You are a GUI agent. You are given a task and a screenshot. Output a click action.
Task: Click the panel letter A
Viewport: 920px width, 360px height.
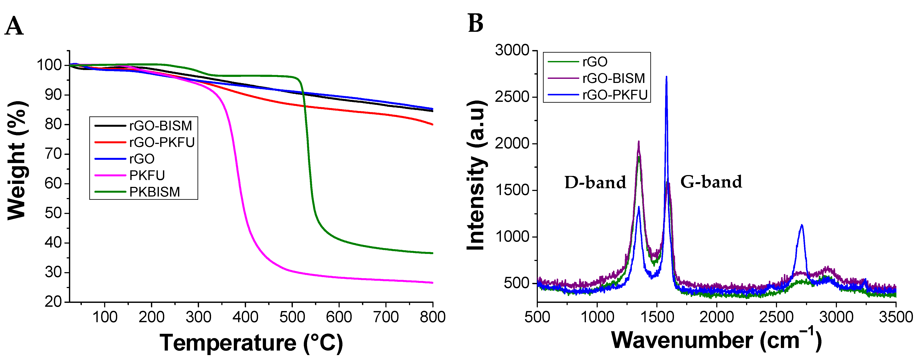(14, 26)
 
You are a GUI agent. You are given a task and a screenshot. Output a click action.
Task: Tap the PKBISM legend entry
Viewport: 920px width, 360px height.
(154, 192)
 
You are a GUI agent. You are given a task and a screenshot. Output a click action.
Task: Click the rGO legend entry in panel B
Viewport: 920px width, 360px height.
(595, 62)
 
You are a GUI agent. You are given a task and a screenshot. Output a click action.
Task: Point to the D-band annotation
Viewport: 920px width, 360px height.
(595, 183)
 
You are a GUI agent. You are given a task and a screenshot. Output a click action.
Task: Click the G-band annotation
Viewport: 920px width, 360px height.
(711, 182)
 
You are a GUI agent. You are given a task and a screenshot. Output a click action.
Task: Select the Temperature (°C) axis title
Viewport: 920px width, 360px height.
(251, 343)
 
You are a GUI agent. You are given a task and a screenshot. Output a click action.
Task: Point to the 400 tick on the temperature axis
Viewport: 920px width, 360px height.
(245, 317)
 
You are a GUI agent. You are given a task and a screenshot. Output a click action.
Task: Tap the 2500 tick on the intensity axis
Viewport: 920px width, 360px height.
(512, 97)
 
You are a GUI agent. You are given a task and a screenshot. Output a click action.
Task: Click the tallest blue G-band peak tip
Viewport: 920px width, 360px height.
(666, 77)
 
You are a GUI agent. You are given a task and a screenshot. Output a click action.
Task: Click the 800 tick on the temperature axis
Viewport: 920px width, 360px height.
(432, 317)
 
